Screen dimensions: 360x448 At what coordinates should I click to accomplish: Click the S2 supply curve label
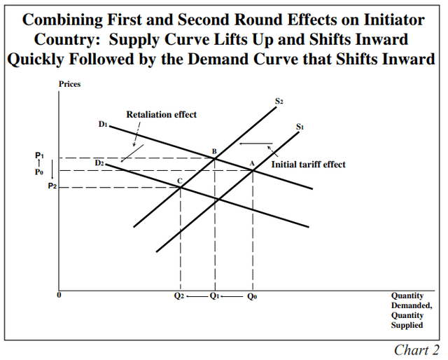(x=279, y=101)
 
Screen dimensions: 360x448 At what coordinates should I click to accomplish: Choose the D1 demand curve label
(x=102, y=124)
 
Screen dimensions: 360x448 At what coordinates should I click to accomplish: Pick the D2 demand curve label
(x=99, y=162)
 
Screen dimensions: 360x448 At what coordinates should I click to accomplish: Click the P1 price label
(x=40, y=155)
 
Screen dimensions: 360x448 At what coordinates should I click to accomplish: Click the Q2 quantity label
(x=179, y=296)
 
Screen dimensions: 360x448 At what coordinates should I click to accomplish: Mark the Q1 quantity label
(x=214, y=296)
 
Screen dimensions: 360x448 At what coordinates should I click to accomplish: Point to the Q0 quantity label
(x=253, y=296)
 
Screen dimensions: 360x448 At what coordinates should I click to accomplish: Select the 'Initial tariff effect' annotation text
(x=308, y=165)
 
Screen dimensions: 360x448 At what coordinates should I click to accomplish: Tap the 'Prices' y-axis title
(x=69, y=85)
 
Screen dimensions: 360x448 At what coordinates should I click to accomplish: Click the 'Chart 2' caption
(x=416, y=349)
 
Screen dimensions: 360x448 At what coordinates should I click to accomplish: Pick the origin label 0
(x=59, y=295)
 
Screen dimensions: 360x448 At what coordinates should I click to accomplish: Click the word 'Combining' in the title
(x=67, y=18)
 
